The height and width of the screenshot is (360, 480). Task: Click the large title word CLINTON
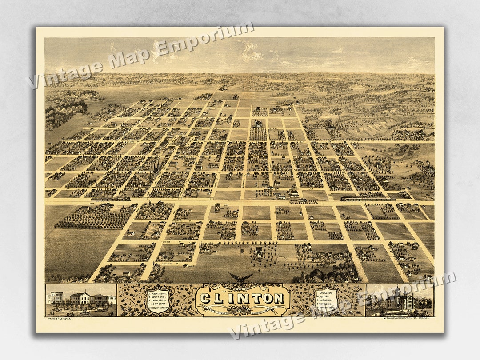(242, 298)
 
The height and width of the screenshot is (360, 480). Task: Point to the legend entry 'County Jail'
(159, 299)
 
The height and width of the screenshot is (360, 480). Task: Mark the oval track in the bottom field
(281, 259)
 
